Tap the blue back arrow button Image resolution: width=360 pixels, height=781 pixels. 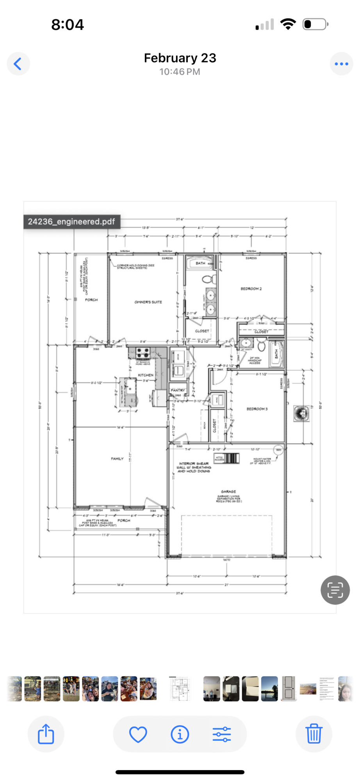coord(18,64)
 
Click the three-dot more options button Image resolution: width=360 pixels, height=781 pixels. coord(341,64)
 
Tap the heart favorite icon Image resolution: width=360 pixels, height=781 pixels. coord(138,734)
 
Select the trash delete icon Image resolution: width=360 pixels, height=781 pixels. coord(314,734)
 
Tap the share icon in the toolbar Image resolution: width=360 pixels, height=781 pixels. coord(46,734)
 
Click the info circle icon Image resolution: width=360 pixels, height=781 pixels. coord(180,734)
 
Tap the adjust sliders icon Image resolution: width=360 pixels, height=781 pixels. coord(222,734)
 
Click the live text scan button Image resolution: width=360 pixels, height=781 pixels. coord(335,590)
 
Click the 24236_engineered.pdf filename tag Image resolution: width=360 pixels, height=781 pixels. coord(71,222)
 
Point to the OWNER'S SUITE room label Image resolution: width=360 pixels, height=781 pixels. coord(148,302)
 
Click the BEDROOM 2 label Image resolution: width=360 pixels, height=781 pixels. coord(251,289)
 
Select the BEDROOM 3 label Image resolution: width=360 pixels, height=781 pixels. coord(257,409)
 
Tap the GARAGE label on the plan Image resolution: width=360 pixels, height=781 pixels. coord(228,491)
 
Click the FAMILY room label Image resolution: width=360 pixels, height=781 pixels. coord(117,458)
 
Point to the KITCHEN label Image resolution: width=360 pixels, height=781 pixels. coord(146,375)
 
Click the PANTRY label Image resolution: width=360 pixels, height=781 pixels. coord(178,390)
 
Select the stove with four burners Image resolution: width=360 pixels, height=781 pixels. coord(143,353)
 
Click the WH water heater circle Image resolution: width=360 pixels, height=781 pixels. coord(278,450)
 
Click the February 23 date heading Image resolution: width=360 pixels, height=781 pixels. coord(180,58)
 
